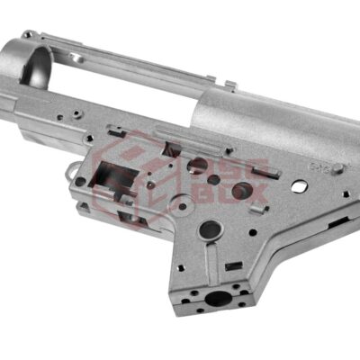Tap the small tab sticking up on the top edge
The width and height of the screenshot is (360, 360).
230,86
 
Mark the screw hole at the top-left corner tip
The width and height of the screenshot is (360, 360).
24,36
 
